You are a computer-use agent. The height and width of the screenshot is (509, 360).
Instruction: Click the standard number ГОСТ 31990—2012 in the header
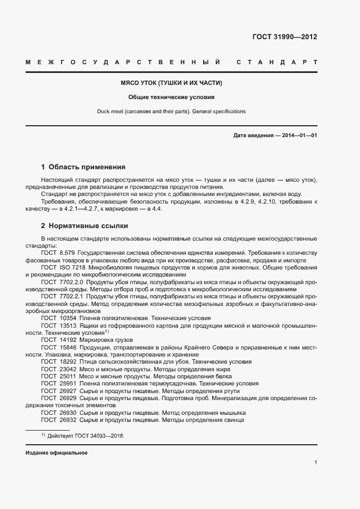(x=284, y=38)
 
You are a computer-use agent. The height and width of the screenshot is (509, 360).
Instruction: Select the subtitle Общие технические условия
(x=172, y=97)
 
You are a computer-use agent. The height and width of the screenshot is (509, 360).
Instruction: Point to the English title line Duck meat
(x=172, y=112)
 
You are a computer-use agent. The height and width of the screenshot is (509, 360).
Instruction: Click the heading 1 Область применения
(x=83, y=167)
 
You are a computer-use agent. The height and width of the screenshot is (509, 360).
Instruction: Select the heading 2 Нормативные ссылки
(x=84, y=225)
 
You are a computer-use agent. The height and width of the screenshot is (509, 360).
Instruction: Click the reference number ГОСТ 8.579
(x=58, y=254)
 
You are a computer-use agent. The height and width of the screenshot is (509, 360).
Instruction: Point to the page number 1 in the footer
(x=315, y=463)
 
